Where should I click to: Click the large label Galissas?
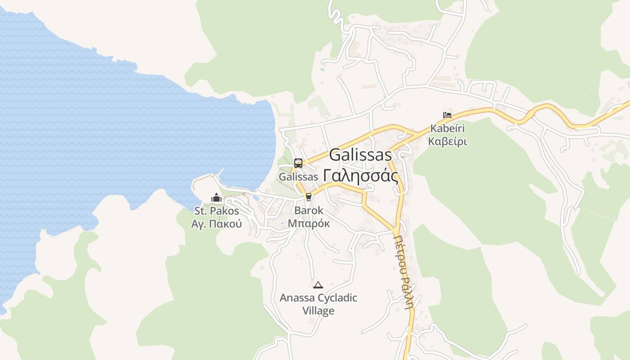(360, 155)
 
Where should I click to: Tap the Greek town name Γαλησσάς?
(361, 175)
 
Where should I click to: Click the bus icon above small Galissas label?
(298, 163)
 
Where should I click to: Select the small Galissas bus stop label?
(298, 177)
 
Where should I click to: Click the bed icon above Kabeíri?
(447, 115)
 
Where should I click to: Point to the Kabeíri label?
(447, 128)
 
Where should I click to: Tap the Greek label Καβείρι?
(447, 141)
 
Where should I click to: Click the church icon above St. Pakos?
(216, 198)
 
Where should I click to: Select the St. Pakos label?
(216, 211)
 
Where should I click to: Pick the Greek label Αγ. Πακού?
(216, 224)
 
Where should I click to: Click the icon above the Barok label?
(308, 197)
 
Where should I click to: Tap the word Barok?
(309, 210)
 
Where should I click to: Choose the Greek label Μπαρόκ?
(309, 223)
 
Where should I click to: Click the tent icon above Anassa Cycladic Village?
(318, 284)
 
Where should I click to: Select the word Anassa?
(297, 298)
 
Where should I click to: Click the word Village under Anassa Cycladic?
(318, 310)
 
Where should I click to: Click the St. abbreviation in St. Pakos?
(200, 211)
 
